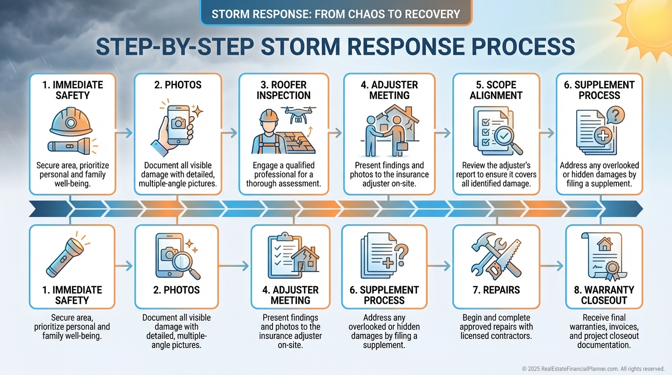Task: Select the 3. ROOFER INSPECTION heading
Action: coord(283,90)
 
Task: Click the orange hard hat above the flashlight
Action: coord(71,122)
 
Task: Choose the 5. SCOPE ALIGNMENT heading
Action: coord(496,90)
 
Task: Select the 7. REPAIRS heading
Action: coord(496,290)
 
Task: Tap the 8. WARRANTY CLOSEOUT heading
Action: coord(604,295)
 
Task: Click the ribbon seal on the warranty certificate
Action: coord(611,268)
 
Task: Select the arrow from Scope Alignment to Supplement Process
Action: coord(547,132)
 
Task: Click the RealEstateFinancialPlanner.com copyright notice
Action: coord(593,369)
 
